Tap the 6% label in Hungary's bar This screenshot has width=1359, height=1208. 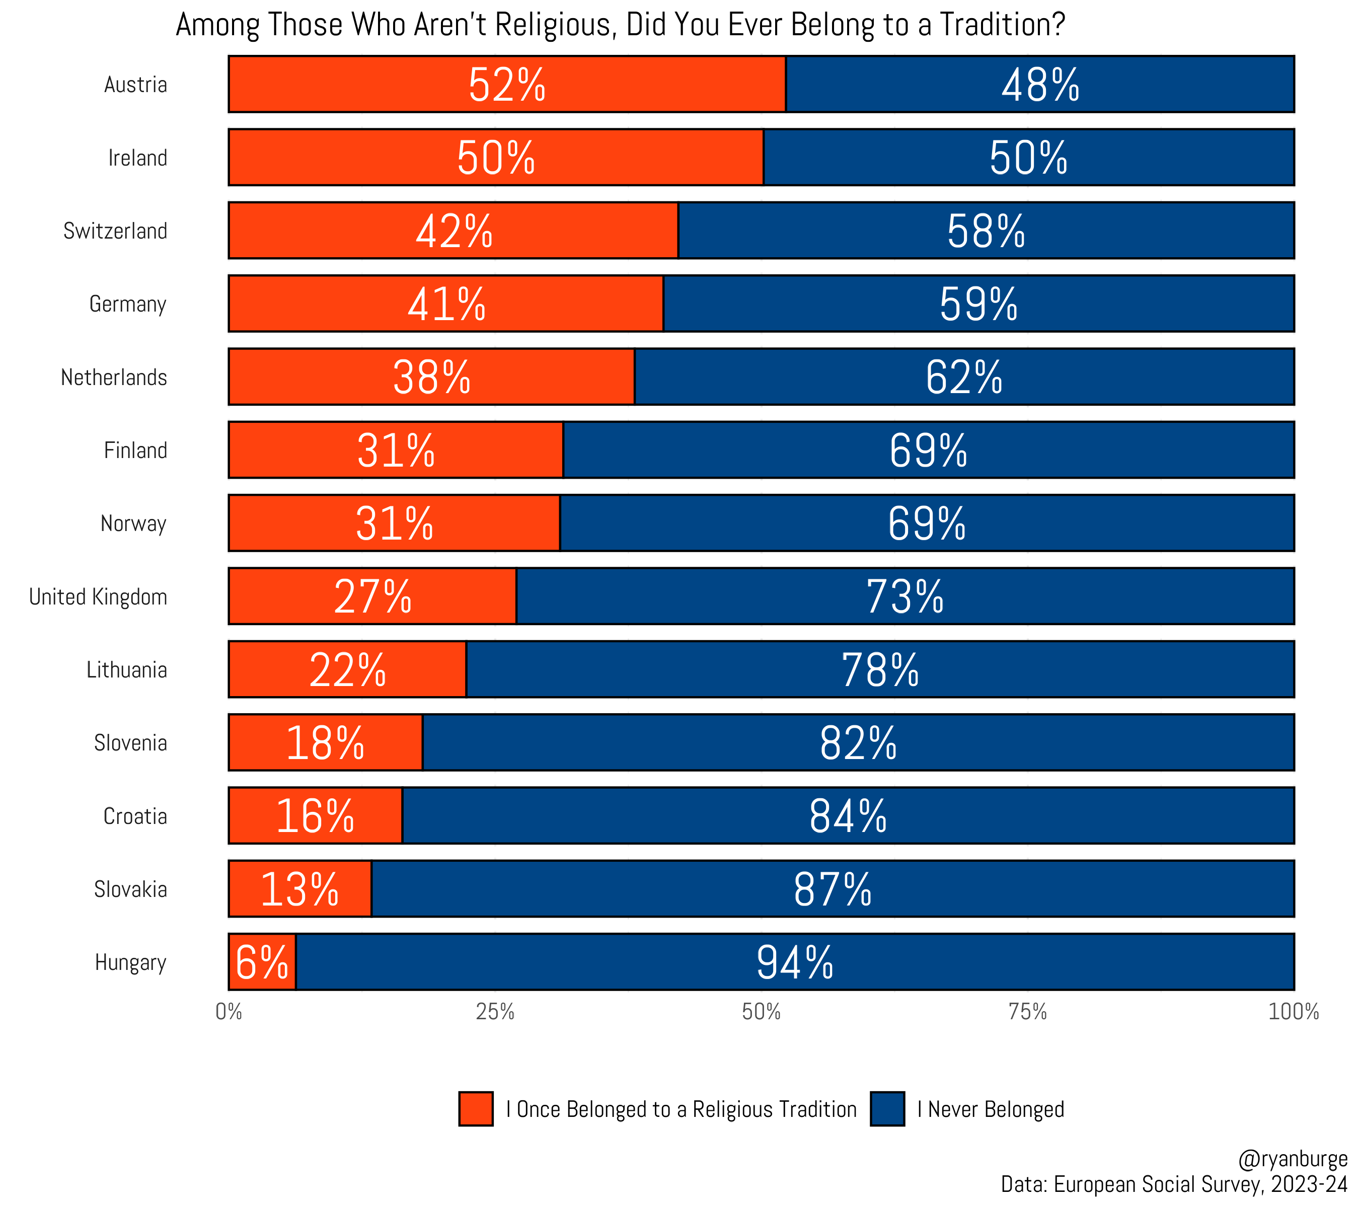click(x=262, y=962)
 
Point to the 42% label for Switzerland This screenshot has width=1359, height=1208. click(x=454, y=231)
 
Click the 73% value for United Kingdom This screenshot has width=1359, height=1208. click(x=905, y=596)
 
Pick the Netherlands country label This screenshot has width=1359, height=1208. click(x=114, y=377)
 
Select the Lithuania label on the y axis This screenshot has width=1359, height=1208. click(x=126, y=669)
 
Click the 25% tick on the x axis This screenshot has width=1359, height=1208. click(x=495, y=1012)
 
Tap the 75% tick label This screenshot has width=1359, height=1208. click(x=1027, y=1012)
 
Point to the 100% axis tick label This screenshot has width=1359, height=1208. click(x=1293, y=1012)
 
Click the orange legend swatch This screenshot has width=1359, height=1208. click(x=475, y=1109)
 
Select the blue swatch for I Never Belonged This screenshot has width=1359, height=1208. click(x=887, y=1109)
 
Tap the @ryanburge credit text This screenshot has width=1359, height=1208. click(x=1292, y=1159)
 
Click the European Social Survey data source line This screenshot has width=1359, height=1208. click(x=1173, y=1184)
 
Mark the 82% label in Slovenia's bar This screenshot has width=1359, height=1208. click(x=858, y=742)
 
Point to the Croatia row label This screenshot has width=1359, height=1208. click(x=135, y=816)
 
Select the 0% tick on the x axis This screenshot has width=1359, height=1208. click(x=229, y=1012)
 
